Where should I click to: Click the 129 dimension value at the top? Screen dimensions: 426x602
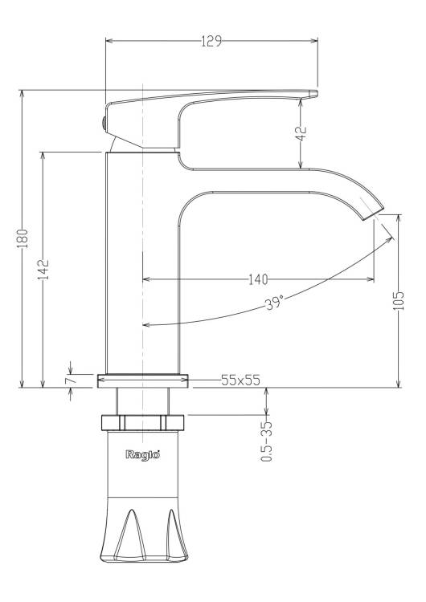pyautogui.click(x=211, y=41)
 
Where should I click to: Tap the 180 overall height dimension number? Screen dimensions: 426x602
pyautogui.click(x=23, y=238)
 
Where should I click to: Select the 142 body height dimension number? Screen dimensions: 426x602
pyautogui.click(x=43, y=269)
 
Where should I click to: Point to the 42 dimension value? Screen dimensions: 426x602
pyautogui.click(x=303, y=133)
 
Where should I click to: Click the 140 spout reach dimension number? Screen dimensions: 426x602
pyautogui.click(x=258, y=279)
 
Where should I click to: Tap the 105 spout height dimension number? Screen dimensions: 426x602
pyautogui.click(x=399, y=301)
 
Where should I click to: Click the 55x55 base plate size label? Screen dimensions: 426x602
pyautogui.click(x=240, y=380)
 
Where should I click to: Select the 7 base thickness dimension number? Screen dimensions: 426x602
pyautogui.click(x=70, y=380)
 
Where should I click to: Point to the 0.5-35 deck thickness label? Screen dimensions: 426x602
pyautogui.click(x=266, y=441)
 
